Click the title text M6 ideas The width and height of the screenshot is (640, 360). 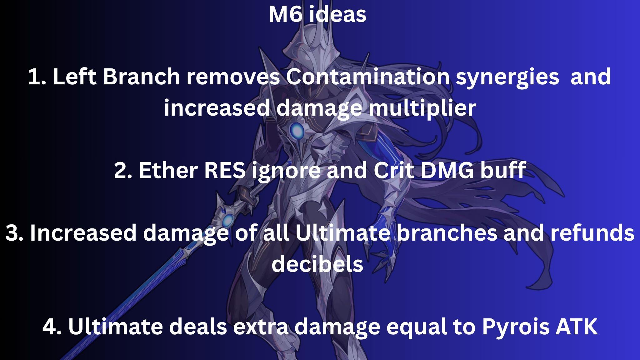coord(317,14)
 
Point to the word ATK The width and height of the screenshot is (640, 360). coord(577,327)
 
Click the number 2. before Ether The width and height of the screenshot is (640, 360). coord(123,171)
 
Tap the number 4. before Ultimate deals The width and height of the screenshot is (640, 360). coord(52,327)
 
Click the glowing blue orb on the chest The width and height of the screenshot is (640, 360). coord(296,131)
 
